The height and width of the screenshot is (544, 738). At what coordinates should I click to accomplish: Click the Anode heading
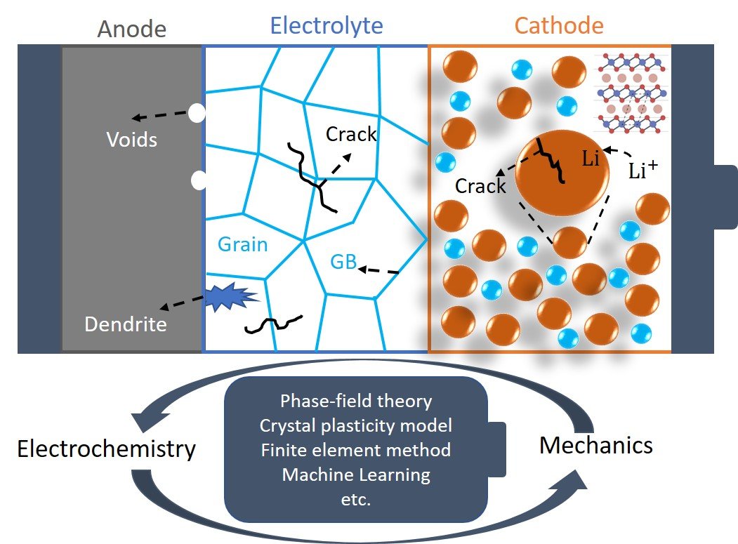tap(131, 29)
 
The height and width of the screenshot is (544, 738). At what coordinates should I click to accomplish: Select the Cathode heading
tap(558, 27)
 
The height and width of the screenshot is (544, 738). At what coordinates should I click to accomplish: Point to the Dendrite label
tap(126, 324)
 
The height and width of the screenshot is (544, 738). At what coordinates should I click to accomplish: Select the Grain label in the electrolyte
tap(242, 244)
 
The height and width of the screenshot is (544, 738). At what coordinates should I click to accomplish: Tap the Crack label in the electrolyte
tap(352, 134)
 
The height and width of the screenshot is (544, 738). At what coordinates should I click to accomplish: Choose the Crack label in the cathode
tap(480, 186)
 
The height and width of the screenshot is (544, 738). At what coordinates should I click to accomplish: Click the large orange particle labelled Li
tap(562, 172)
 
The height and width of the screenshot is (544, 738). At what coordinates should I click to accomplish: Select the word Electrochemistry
tap(105, 449)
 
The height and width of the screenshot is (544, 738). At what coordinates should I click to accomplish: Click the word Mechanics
tap(595, 444)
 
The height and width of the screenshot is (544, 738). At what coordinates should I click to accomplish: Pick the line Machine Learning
tap(355, 475)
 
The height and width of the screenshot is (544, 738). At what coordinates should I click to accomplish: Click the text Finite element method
tap(355, 450)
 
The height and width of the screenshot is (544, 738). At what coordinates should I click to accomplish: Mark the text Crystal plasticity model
tap(355, 425)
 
